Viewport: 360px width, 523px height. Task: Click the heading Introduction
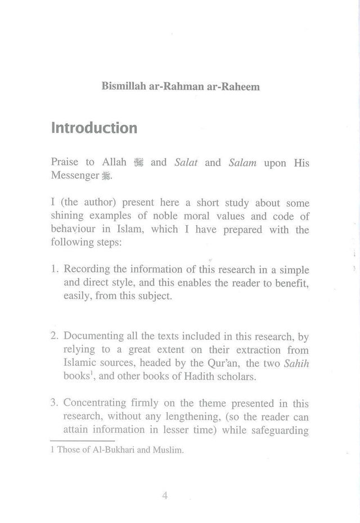click(94, 128)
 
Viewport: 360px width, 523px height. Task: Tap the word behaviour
click(72, 229)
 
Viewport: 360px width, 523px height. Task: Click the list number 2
click(54, 336)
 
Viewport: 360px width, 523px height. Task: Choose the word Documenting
click(94, 336)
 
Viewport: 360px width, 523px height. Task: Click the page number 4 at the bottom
click(165, 495)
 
